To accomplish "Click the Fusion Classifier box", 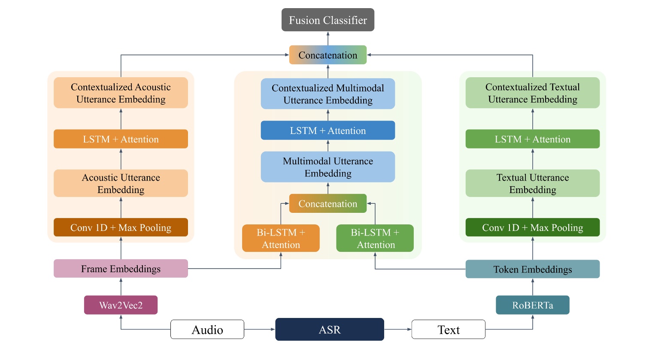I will tap(328, 20).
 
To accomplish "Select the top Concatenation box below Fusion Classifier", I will tap(328, 55).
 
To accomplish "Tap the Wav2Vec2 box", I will tap(121, 305).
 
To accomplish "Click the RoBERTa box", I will tap(532, 305).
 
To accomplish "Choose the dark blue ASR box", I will tap(329, 330).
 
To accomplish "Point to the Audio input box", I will tap(207, 330).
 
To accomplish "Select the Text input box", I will tap(448, 330).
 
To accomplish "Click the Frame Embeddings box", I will tap(121, 269).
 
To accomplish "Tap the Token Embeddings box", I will tap(532, 269).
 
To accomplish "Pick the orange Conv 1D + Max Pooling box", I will tap(121, 227).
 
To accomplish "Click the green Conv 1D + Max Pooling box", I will tap(532, 227).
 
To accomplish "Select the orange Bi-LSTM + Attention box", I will tap(281, 238).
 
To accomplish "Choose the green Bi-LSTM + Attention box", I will tap(375, 238).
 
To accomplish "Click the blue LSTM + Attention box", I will tap(328, 130).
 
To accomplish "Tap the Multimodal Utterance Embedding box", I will tap(328, 167).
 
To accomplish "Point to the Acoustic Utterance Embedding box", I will tap(121, 183).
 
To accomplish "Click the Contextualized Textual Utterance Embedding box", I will tap(532, 93).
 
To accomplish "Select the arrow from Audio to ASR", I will tap(259, 330).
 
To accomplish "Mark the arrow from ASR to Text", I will tap(397, 330).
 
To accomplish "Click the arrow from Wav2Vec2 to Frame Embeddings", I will tap(121, 287).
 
